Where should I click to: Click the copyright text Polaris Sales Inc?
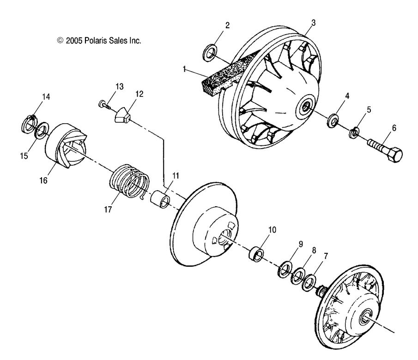tap(99, 41)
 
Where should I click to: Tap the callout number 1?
tap(184, 69)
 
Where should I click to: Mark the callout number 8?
tap(314, 251)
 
